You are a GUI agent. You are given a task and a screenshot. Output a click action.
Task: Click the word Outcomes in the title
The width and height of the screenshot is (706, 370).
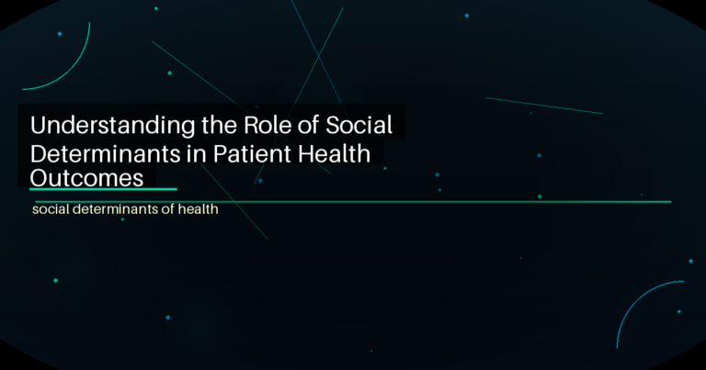[87, 177]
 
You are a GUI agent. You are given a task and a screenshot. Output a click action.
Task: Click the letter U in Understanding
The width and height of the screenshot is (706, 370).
[40, 126]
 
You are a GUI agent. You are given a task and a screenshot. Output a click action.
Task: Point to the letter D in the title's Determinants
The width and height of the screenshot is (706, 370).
[40, 152]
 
